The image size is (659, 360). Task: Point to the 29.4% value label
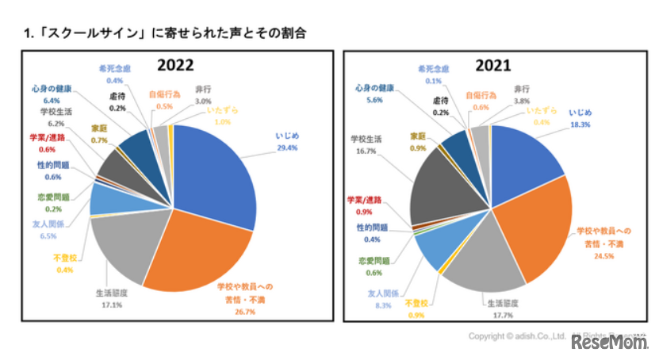[287, 147]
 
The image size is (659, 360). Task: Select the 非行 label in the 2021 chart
[521, 89]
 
